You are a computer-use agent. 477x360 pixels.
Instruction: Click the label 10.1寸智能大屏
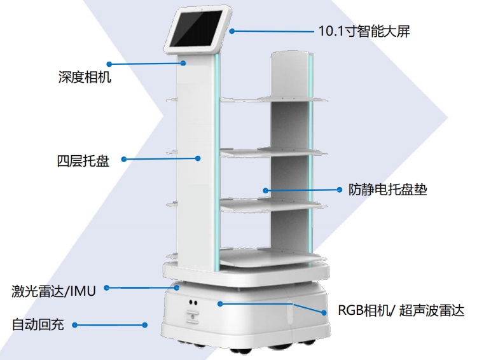(x=364, y=30)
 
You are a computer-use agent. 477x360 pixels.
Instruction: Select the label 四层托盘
(x=83, y=160)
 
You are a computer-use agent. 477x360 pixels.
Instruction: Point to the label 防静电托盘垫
(x=387, y=189)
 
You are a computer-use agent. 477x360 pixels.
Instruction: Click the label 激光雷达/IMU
(x=53, y=291)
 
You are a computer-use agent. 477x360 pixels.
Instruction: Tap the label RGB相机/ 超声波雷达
(x=401, y=311)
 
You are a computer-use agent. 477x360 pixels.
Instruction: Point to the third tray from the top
(x=270, y=204)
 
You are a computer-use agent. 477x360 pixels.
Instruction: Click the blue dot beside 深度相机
(x=109, y=64)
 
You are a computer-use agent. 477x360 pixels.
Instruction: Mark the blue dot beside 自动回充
(x=74, y=325)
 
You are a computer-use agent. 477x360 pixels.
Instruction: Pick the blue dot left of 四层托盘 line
(x=123, y=160)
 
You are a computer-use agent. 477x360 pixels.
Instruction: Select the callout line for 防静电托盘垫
(x=305, y=189)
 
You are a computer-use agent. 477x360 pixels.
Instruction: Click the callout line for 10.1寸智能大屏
(x=273, y=31)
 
